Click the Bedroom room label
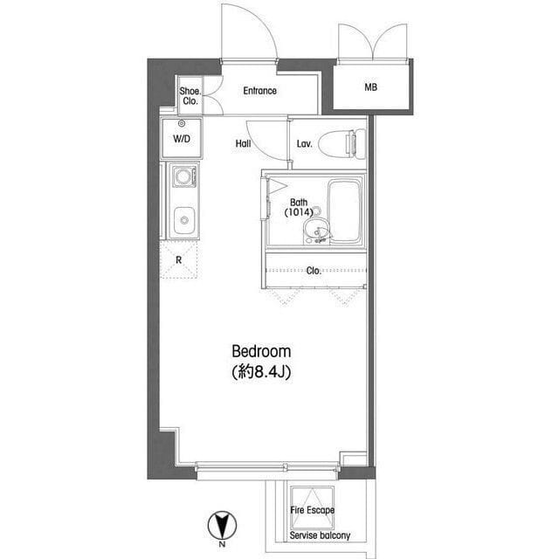[261, 351]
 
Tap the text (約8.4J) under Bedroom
[261, 372]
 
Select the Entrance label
[260, 91]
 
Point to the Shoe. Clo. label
[190, 96]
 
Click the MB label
[370, 87]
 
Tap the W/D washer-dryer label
[182, 139]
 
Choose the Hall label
[243, 143]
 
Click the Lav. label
[305, 143]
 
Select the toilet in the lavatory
[342, 143]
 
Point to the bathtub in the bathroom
[344, 211]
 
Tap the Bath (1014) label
[299, 208]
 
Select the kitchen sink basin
[184, 220]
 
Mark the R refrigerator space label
[178, 260]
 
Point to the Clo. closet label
[314, 271]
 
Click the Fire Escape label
[313, 510]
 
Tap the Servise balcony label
[320, 535]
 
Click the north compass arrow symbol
[222, 525]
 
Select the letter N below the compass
[222, 544]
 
